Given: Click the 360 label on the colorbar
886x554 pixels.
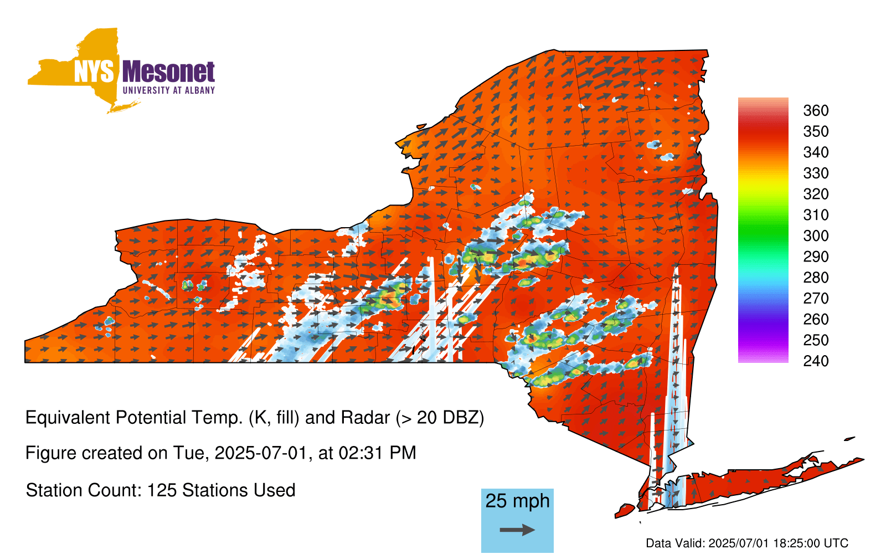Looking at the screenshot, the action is click(x=816, y=110).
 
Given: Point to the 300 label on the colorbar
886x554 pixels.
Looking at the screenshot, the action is click(x=816, y=236).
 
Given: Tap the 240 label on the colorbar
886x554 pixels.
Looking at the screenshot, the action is click(x=816, y=361).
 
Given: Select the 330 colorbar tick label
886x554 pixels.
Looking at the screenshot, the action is click(x=816, y=173).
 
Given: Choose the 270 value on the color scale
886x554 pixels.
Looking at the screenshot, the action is click(x=816, y=299).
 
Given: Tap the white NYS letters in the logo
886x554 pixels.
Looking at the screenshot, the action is click(x=94, y=71).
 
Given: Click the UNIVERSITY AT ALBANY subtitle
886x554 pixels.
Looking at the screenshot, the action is click(x=169, y=90).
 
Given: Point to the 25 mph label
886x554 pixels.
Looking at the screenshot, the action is click(x=517, y=501).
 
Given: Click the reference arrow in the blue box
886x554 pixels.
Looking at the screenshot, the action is click(x=517, y=530).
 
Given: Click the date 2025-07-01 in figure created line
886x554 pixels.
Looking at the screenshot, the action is click(x=261, y=453).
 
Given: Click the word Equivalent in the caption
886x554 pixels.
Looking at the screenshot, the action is click(x=68, y=418).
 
